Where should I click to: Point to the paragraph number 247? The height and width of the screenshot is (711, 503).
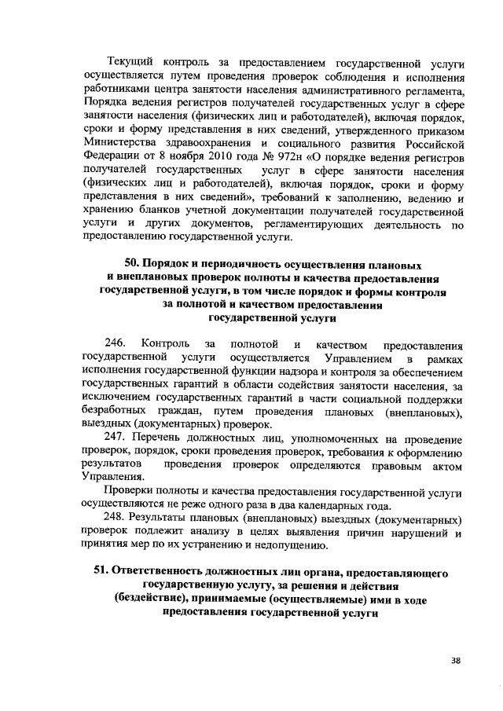pos(116,438)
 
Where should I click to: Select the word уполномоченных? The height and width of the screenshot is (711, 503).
pos(329,438)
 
